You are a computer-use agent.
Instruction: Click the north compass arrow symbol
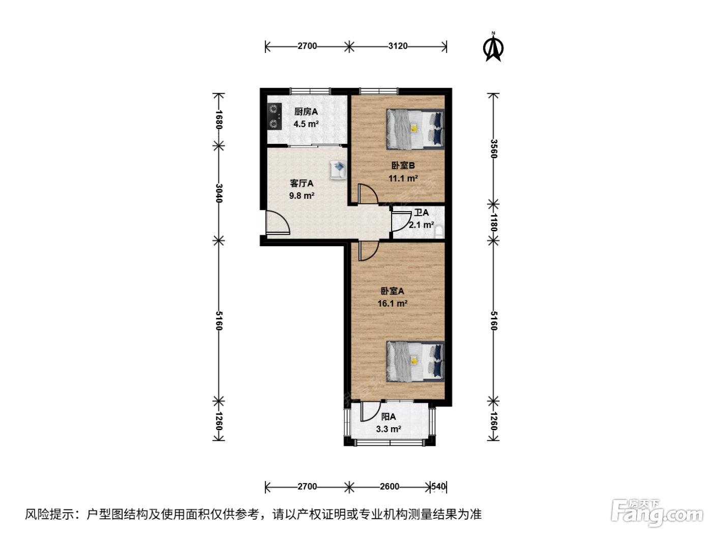(493, 47)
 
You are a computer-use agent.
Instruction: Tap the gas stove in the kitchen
(275, 116)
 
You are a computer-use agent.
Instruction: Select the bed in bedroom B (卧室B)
(415, 129)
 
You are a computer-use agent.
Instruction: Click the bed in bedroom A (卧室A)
(415, 361)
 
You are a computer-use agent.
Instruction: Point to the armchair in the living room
(338, 169)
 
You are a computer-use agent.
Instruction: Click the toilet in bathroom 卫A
(439, 231)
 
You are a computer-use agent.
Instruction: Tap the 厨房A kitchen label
(306, 112)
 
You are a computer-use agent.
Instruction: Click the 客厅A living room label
(302, 184)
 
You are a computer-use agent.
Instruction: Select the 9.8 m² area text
(302, 196)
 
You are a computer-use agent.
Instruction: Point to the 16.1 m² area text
(393, 304)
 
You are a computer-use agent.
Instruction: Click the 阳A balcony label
(388, 417)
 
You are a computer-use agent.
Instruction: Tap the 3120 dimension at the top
(398, 46)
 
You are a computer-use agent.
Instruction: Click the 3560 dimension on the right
(493, 149)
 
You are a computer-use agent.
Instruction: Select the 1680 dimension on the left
(219, 120)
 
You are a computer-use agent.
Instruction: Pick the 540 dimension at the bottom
(438, 486)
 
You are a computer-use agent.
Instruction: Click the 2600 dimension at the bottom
(390, 486)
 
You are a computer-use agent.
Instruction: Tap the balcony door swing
(370, 411)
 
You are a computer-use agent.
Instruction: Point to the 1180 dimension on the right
(493, 222)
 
